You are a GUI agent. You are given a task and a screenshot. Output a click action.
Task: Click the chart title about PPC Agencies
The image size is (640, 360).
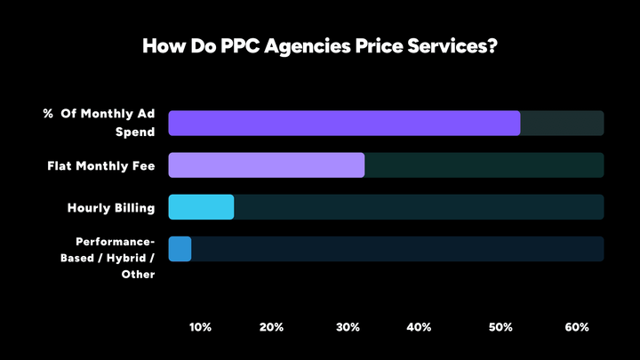click(320, 46)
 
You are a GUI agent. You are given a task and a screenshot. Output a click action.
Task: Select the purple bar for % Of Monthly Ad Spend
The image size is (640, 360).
click(344, 124)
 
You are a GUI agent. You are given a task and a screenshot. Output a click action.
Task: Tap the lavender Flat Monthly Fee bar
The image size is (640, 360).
click(267, 165)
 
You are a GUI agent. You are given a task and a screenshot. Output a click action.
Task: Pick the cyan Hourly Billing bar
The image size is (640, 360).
click(201, 207)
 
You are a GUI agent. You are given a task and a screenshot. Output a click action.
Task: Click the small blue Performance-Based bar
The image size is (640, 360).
click(180, 249)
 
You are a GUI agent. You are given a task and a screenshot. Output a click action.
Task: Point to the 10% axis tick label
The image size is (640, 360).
click(201, 327)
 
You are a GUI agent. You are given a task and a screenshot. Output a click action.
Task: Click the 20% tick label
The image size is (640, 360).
click(272, 327)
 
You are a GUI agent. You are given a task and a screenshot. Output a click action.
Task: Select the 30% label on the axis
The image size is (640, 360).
click(348, 327)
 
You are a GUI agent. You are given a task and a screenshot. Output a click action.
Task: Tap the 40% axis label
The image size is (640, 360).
click(419, 327)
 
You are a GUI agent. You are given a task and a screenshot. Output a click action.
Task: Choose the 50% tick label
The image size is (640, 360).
click(500, 327)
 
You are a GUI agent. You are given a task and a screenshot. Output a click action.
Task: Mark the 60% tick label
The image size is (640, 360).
click(577, 327)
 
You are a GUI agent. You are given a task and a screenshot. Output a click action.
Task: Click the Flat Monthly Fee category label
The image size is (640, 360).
click(101, 165)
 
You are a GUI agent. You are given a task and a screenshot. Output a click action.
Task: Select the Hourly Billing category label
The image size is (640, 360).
click(111, 208)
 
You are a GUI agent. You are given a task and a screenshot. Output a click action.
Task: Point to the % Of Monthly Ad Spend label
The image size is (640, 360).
click(100, 123)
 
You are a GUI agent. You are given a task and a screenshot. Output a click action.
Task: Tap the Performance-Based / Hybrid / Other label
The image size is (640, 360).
click(116, 258)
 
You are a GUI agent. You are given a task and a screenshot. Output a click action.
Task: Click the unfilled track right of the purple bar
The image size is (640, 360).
click(562, 124)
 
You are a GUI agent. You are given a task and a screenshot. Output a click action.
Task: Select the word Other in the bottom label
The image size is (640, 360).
click(138, 275)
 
